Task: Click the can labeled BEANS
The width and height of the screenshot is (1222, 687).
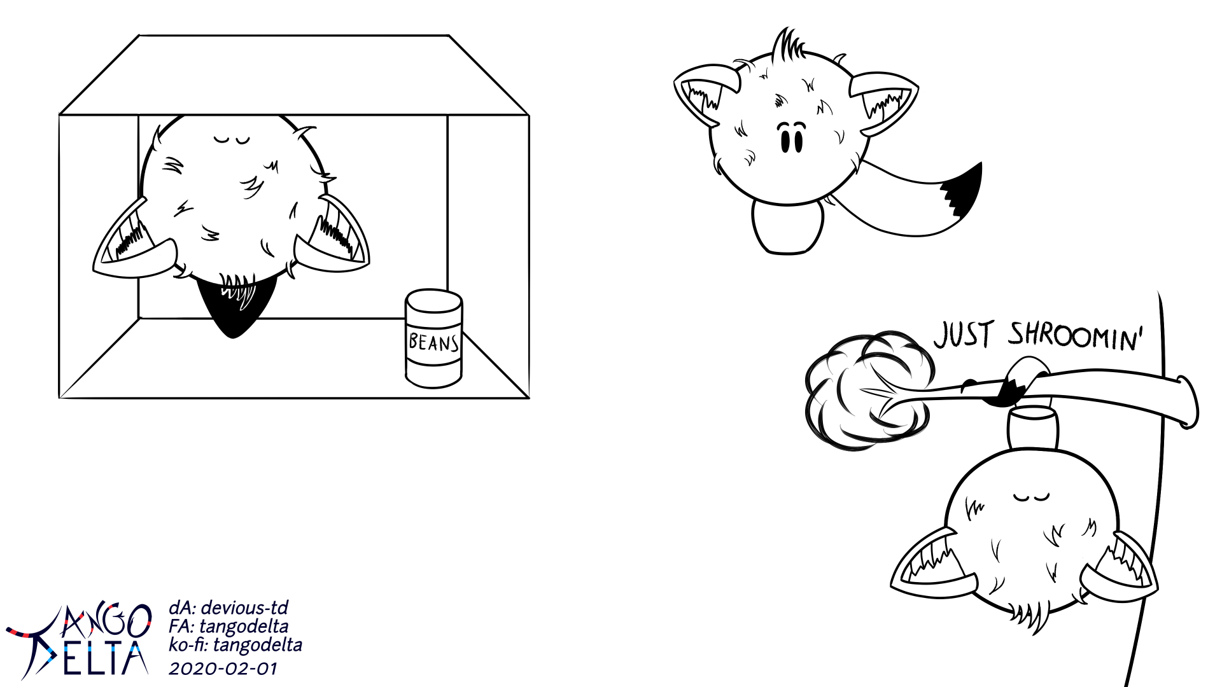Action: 434,338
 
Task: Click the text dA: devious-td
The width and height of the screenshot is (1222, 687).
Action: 228,608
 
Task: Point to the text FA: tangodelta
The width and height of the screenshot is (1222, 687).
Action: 228,627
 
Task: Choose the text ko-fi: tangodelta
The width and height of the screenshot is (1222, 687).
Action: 235,645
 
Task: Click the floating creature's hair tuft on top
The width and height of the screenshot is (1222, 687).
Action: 785,43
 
